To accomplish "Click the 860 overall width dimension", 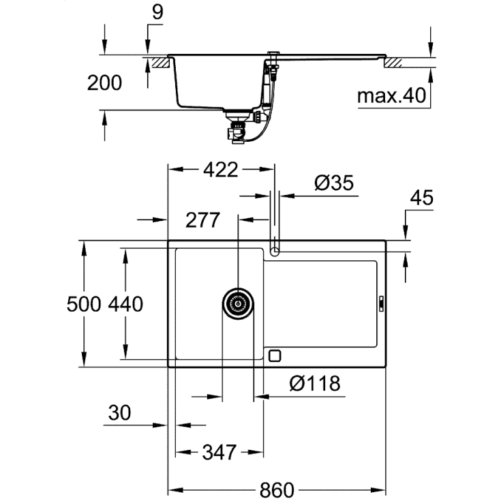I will [276, 489].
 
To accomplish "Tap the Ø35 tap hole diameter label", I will [333, 183].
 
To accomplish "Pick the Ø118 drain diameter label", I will [314, 384].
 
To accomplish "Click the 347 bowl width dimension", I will [219, 452].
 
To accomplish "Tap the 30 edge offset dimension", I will [119, 412].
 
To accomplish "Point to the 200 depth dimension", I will [105, 82].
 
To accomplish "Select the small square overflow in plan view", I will [275, 356].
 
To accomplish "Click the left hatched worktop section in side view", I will [160, 62].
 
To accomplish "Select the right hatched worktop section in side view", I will [395, 62].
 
